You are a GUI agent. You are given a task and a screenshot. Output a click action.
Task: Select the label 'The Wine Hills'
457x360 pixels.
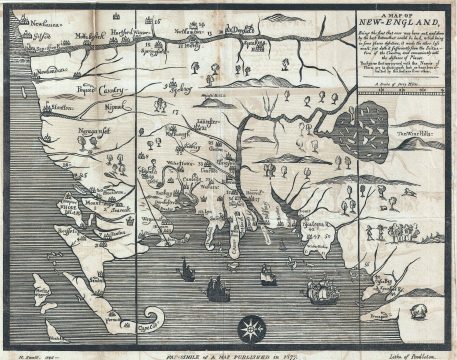pos(412,130)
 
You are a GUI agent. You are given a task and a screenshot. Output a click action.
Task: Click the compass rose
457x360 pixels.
pos(254,327)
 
